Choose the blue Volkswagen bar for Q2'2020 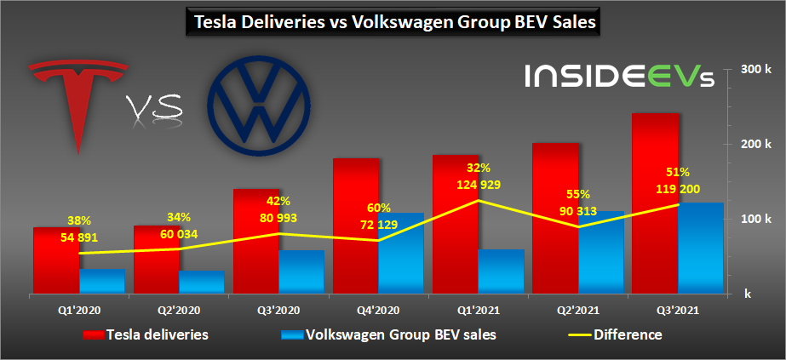tap(201, 282)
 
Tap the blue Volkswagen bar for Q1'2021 tap(500, 271)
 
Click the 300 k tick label tap(750, 69)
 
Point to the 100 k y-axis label tap(750, 219)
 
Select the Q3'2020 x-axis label tap(278, 311)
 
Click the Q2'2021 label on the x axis tap(578, 311)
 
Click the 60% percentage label tap(379, 208)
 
